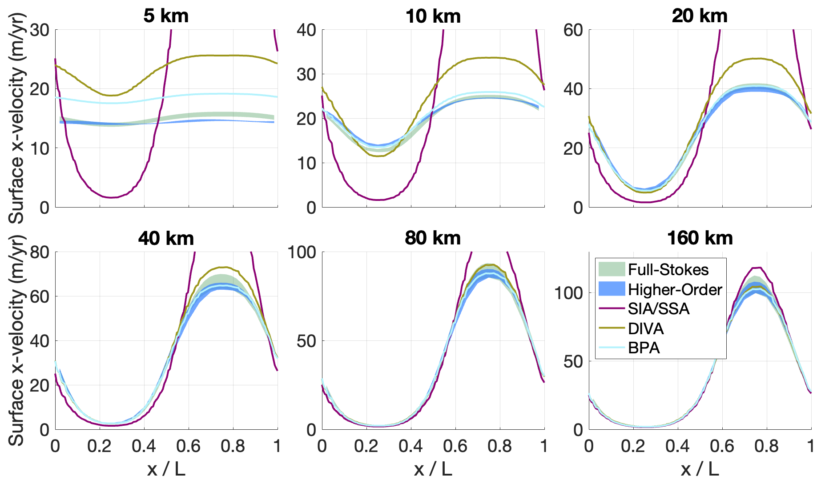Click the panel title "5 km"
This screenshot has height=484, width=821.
(x=166, y=16)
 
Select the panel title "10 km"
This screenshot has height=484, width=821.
(x=433, y=16)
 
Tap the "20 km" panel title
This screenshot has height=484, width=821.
(x=700, y=16)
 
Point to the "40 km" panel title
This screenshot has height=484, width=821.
(x=166, y=239)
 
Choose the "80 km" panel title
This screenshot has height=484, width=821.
(x=433, y=238)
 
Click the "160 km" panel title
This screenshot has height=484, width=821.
(x=700, y=238)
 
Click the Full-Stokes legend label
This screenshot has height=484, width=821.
(x=668, y=270)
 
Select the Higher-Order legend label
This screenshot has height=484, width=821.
(x=675, y=290)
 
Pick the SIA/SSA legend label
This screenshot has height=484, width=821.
(x=659, y=309)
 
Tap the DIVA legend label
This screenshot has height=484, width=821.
(x=646, y=329)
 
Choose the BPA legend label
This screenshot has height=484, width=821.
(x=644, y=348)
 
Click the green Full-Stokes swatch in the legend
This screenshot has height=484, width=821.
(x=612, y=269)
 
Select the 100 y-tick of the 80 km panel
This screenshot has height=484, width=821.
(x=302, y=252)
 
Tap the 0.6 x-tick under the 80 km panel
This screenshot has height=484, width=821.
(x=455, y=446)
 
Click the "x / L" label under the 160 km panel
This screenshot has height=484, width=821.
(x=700, y=468)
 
